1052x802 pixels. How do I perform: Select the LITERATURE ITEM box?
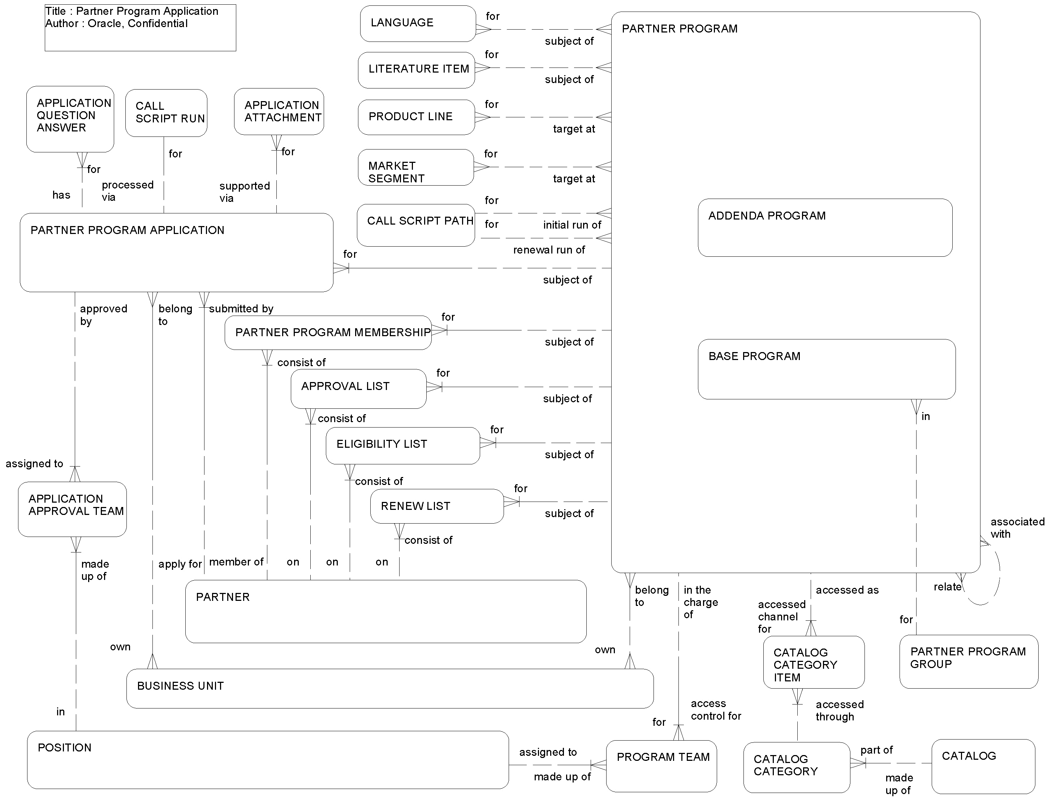point(417,70)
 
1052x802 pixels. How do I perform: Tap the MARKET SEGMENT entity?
point(415,168)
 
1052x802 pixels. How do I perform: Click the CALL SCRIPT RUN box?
point(166,113)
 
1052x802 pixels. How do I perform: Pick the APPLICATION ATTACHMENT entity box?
point(279,111)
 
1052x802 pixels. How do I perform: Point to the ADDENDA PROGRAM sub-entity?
point(825,228)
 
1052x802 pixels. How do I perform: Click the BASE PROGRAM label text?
point(754,356)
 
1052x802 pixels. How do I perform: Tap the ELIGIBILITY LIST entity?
point(402,445)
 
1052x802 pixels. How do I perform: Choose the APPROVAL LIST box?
point(358,388)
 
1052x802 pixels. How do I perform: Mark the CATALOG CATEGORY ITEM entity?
point(813,662)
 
